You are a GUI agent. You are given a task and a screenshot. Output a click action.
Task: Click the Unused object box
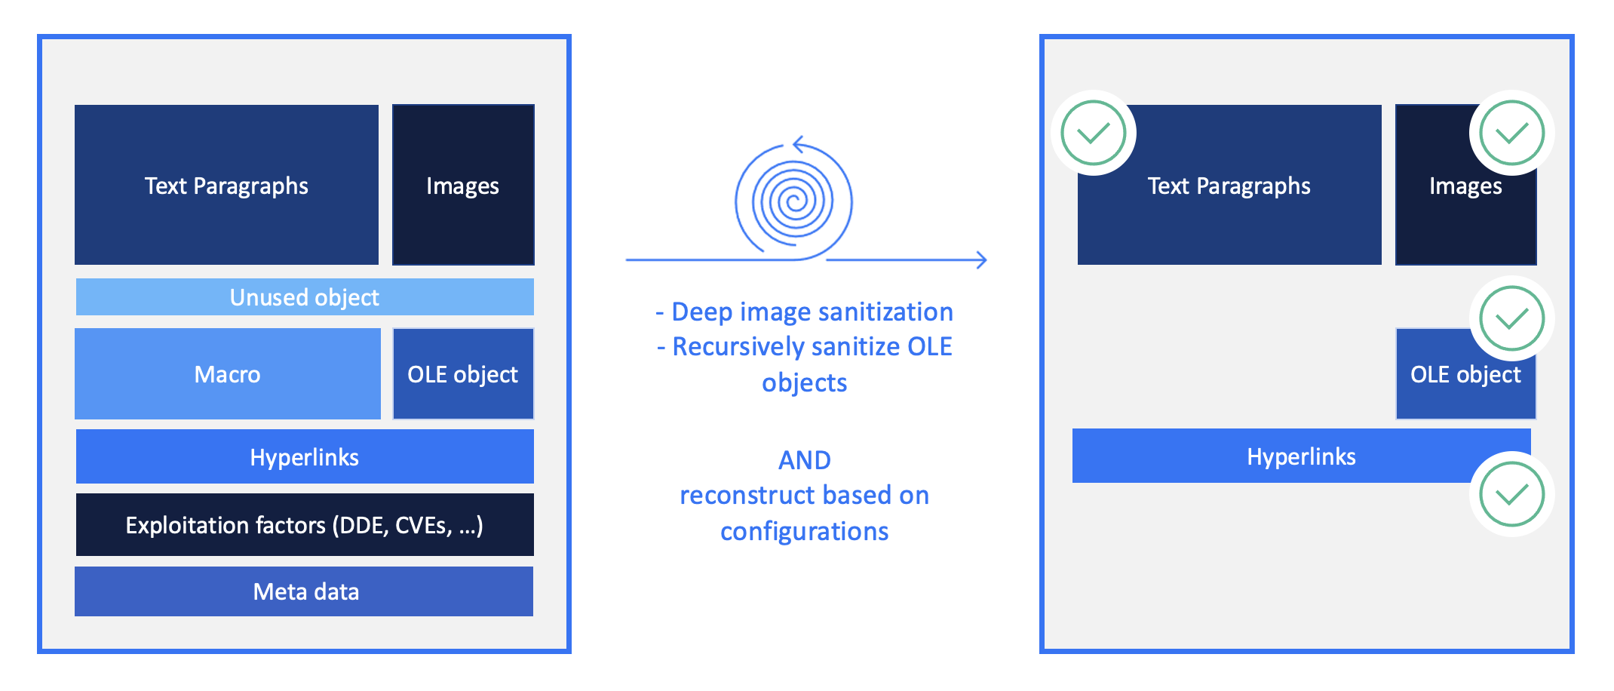pos(305,296)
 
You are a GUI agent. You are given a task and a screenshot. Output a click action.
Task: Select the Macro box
pos(228,373)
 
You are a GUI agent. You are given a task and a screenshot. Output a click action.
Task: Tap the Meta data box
pos(304,591)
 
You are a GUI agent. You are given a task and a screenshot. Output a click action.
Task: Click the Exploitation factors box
pos(305,524)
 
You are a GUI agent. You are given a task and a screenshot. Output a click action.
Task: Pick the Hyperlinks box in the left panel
pos(305,456)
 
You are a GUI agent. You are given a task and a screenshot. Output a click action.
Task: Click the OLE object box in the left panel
pos(463,373)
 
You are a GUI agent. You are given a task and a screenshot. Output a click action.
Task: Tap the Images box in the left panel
pos(463,185)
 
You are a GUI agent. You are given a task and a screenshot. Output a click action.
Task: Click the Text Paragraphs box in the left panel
pos(226,185)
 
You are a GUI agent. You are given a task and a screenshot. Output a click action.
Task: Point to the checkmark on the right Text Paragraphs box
pos(1093,133)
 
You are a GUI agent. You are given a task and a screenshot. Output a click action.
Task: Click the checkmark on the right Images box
pos(1511,133)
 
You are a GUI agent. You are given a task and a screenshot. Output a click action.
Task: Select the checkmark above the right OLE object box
pos(1511,318)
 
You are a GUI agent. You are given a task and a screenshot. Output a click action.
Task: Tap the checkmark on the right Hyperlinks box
pos(1511,494)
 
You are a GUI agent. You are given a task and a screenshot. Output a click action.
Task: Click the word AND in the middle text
pos(805,459)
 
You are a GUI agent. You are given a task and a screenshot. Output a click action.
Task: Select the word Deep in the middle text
pos(702,312)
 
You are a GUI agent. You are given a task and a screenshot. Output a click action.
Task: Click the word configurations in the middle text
pos(804,532)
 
